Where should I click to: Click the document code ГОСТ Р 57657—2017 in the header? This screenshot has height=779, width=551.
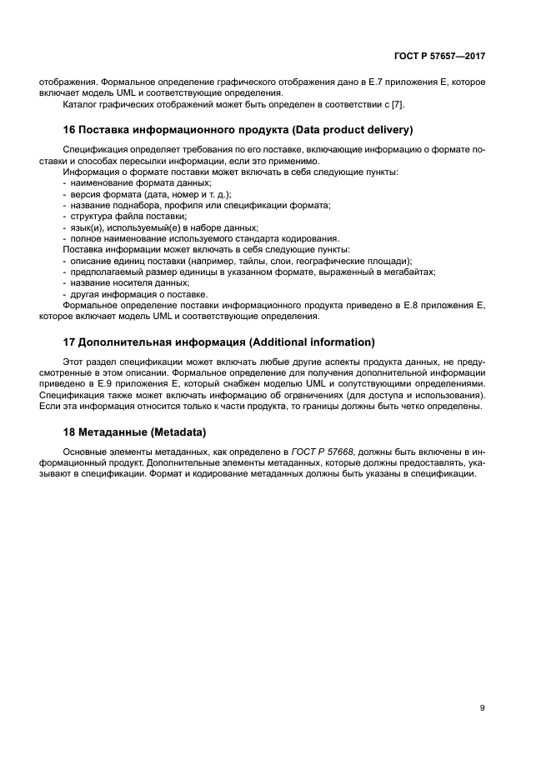pyautogui.click(x=439, y=56)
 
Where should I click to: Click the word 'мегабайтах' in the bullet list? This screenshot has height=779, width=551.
pyautogui.click(x=413, y=272)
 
